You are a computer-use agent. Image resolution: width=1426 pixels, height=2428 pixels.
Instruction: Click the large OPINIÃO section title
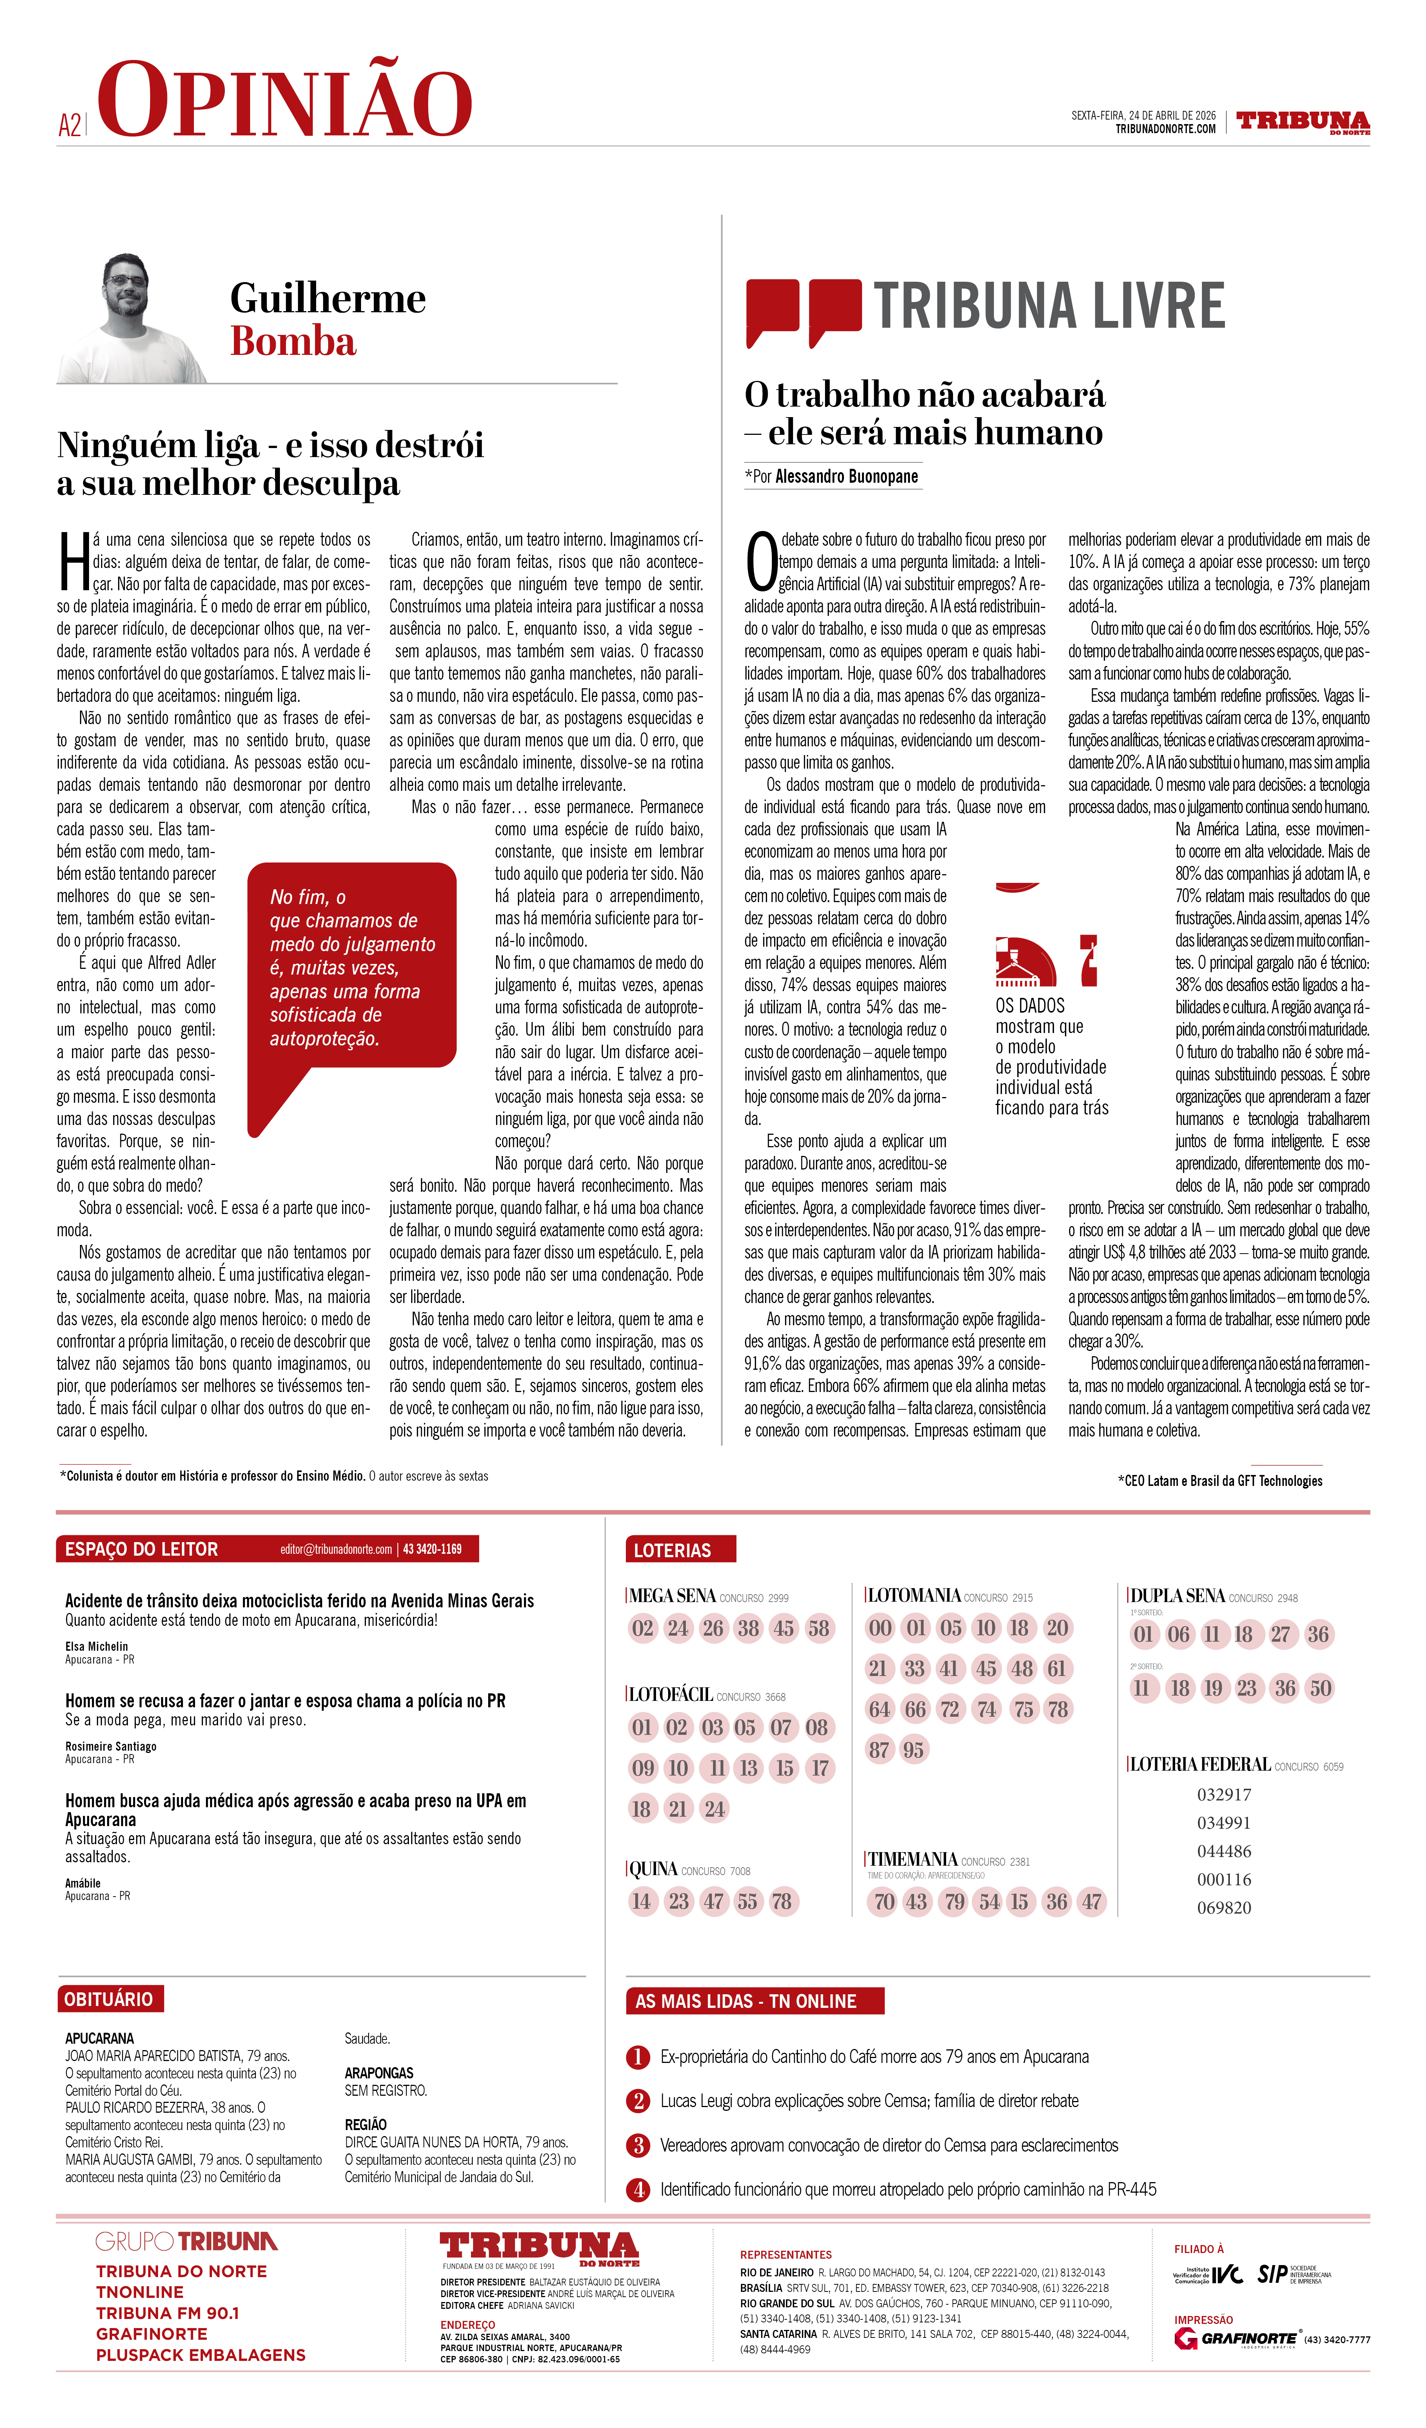pos(284,100)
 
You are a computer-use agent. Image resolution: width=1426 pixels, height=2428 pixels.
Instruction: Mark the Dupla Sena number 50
pos(1320,1688)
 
